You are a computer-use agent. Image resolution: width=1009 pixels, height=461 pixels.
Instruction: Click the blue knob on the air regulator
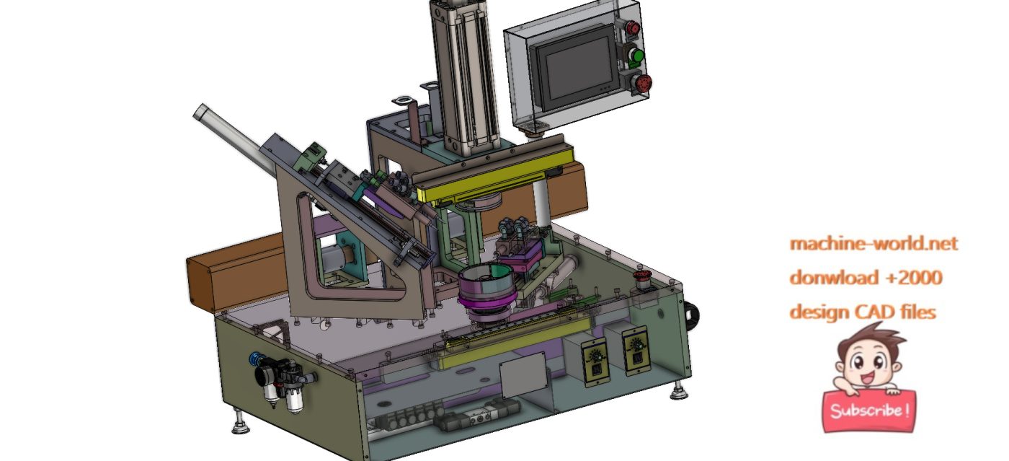point(256,359)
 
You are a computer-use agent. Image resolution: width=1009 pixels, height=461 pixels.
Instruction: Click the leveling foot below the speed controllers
point(678,392)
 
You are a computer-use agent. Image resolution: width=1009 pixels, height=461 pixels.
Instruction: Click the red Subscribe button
point(869,411)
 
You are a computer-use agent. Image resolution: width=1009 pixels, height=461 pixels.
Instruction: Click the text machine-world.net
point(874,243)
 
